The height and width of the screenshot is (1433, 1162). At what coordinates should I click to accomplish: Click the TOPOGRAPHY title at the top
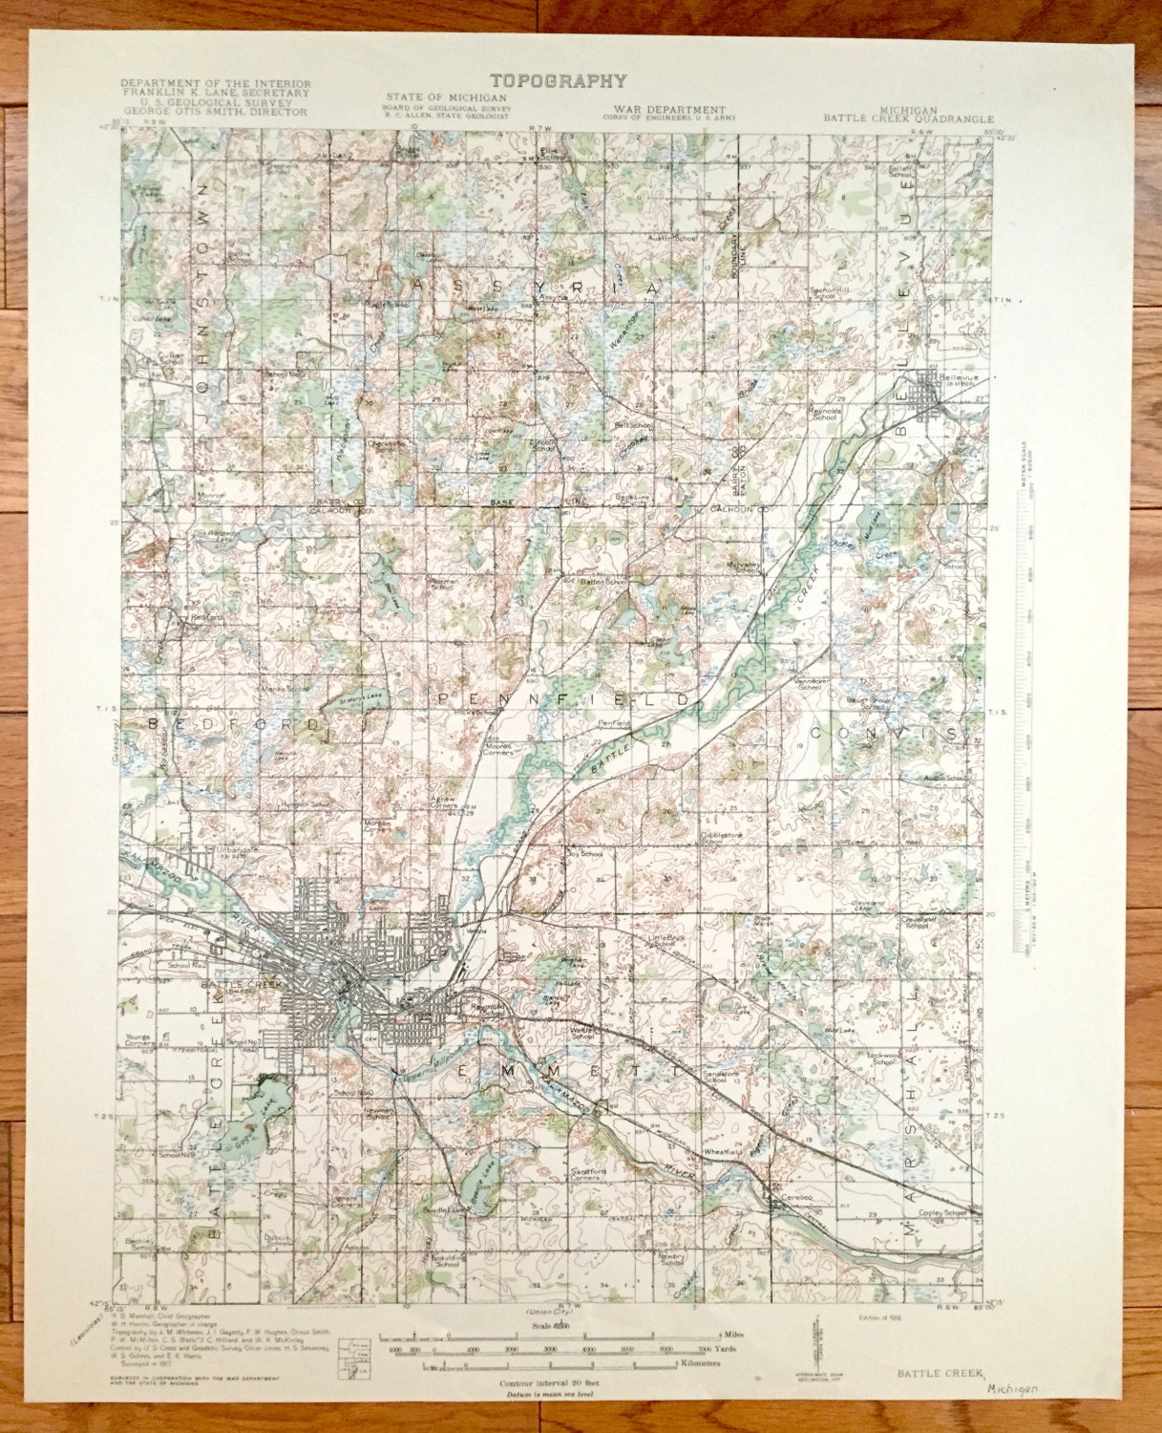(559, 81)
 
